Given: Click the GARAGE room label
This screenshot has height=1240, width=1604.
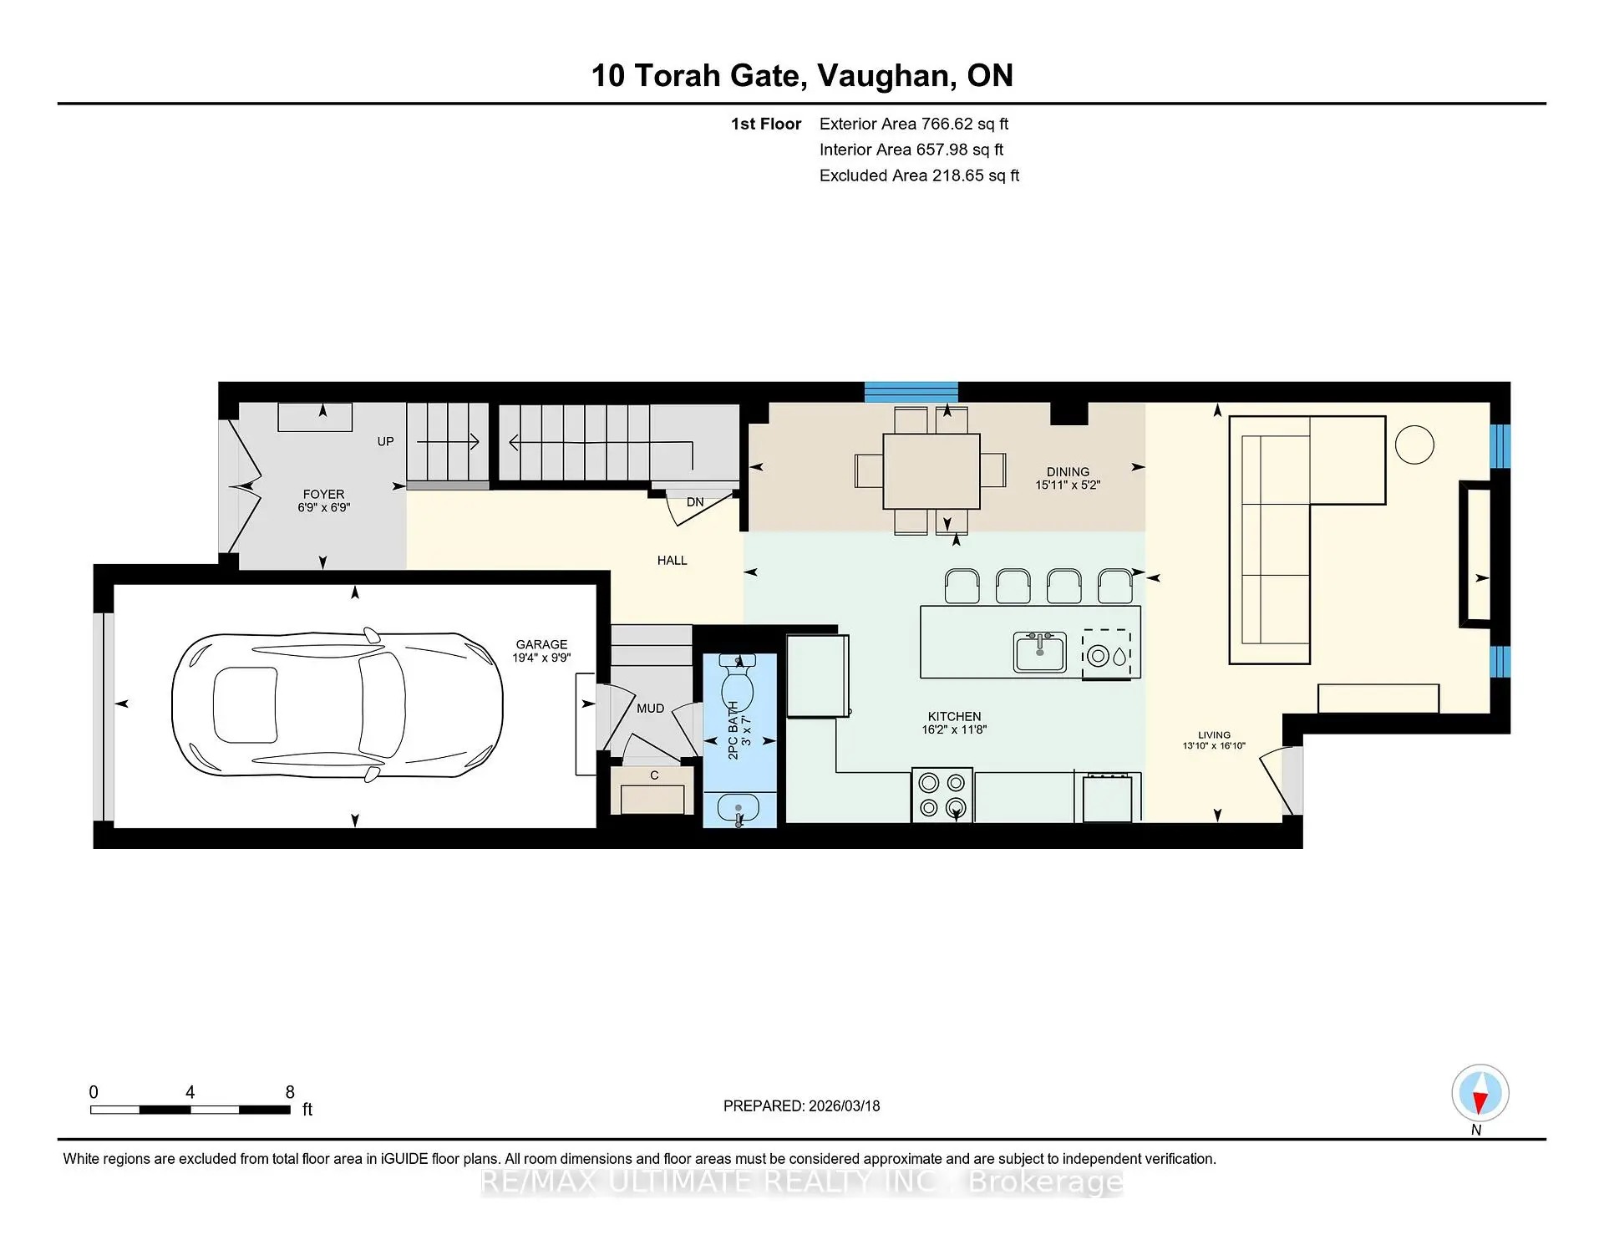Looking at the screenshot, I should coord(541,644).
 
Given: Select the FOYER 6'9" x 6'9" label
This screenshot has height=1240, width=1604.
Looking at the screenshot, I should coord(323,501).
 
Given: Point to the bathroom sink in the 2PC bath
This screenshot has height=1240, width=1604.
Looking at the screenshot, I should coord(739,809).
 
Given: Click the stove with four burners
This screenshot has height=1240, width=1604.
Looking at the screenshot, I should coord(942,795).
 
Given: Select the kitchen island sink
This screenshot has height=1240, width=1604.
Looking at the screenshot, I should coord(1039,653).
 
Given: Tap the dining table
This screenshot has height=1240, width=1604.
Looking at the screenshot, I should coord(931,470).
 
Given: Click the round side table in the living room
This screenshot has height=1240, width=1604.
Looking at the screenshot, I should coord(1414,445).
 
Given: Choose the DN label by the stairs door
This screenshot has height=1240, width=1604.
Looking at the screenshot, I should coord(695,502).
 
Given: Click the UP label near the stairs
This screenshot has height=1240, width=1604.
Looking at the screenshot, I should coord(385,441).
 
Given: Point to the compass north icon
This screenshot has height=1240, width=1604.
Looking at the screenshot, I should coord(1480,1093).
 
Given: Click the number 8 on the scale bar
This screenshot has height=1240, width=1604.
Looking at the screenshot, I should coord(290,1092).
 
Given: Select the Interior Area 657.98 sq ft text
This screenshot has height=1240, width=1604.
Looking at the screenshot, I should coord(911,150).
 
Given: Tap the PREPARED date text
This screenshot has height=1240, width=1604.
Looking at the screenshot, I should coord(801,1105).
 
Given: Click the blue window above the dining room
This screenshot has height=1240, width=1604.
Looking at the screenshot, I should coord(911,391).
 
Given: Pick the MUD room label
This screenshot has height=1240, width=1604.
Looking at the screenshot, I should coord(650,709).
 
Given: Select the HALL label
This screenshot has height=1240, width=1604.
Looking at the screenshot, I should coord(672,561).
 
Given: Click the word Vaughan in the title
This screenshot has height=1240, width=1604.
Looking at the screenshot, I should coord(886,75).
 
